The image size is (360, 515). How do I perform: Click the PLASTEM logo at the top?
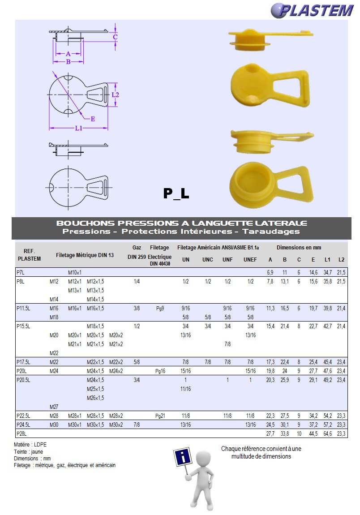click(x=313, y=10)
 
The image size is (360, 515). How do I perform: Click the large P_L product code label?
click(x=176, y=193)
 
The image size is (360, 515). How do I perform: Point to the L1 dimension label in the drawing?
click(x=78, y=128)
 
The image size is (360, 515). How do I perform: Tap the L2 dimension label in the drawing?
click(x=115, y=94)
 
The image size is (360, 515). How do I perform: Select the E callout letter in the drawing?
click(x=93, y=119)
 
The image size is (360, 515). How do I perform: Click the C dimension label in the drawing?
click(x=115, y=37)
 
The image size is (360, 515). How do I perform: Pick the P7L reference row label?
click(x=20, y=272)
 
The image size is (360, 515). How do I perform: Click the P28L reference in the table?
click(x=21, y=433)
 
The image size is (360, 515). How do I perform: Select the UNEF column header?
click(x=250, y=259)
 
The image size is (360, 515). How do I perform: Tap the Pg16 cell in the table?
click(x=160, y=371)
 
